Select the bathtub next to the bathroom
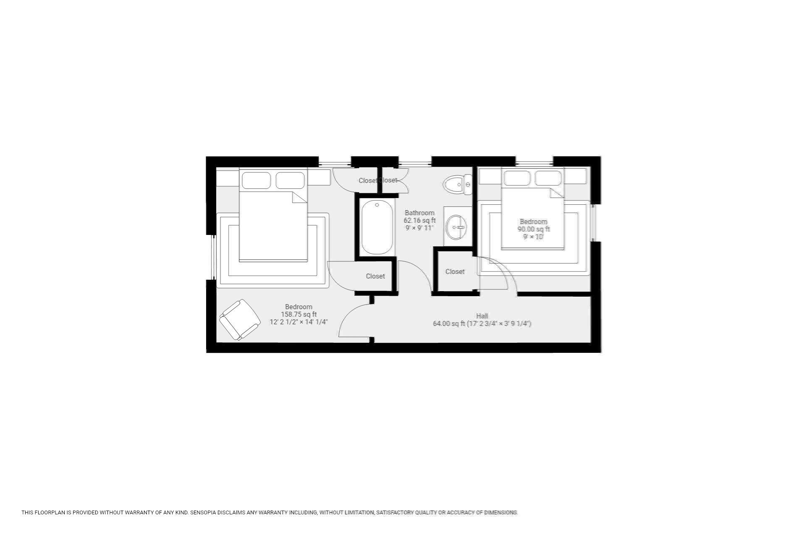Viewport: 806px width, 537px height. click(x=377, y=227)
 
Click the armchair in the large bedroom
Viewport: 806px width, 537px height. click(x=240, y=320)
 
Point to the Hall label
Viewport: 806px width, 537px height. click(x=482, y=315)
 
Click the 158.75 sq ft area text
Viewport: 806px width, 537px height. click(x=298, y=314)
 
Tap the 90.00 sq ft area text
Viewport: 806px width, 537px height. click(x=533, y=229)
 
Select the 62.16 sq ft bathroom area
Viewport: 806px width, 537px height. click(x=419, y=220)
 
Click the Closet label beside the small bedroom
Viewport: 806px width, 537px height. click(x=455, y=271)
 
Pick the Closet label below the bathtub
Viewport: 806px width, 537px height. click(x=375, y=276)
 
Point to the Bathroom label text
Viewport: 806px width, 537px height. click(x=419, y=213)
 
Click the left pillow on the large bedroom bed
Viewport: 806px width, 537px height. click(x=256, y=180)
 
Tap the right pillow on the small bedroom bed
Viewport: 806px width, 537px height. click(x=548, y=178)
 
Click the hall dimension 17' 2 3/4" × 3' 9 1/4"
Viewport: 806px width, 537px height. click(x=499, y=323)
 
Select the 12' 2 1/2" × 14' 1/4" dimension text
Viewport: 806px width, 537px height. click(x=298, y=322)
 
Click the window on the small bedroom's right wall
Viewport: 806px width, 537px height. click(x=593, y=223)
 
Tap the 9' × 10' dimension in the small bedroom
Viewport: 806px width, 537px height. click(x=533, y=237)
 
